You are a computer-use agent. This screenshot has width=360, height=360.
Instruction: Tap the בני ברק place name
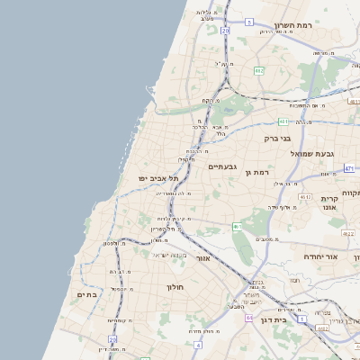278,139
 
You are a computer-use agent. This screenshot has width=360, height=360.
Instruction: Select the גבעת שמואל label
312,154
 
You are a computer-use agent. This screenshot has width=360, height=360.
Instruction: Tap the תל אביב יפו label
155,178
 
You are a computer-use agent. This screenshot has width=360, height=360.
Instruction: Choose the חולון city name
175,286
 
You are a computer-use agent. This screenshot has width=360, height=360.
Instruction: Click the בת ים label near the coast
87,294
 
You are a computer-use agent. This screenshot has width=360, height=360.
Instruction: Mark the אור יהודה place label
318,256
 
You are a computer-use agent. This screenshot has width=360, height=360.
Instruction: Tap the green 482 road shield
258,70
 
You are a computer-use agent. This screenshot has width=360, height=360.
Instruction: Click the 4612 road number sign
305,197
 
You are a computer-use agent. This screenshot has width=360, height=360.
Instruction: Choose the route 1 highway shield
302,319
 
